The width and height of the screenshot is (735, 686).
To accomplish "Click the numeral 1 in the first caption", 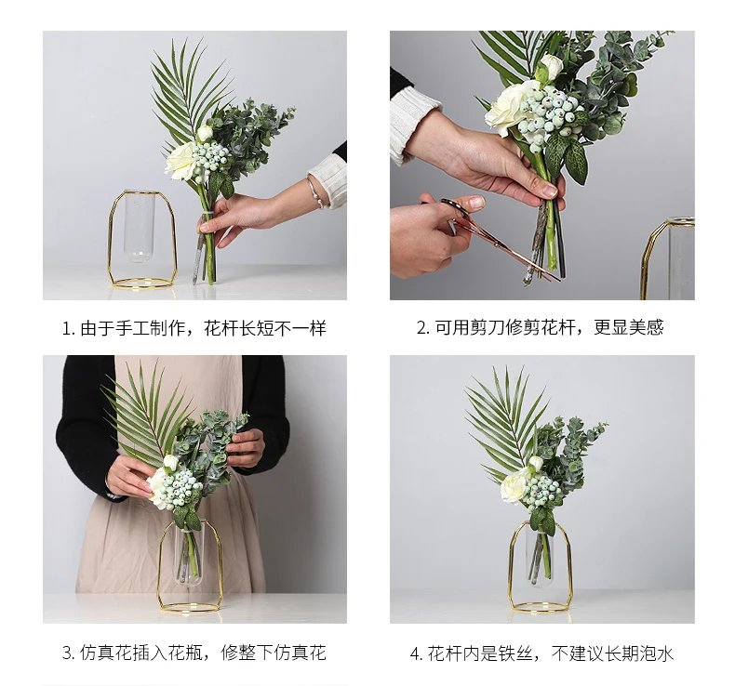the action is point(67,328).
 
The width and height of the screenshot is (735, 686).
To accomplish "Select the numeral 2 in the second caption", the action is point(421,327).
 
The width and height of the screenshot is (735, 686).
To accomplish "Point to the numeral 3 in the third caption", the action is point(67,653).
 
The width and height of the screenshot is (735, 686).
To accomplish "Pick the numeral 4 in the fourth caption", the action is point(415,653).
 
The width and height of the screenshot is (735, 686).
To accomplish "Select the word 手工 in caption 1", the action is point(132,328).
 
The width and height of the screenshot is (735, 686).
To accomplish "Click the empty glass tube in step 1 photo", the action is point(140,226).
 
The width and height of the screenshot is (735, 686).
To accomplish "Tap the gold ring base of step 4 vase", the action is point(541,608).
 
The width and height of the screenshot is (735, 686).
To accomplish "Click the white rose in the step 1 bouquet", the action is point(180,160).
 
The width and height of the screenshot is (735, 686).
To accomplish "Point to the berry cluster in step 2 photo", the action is point(548,112).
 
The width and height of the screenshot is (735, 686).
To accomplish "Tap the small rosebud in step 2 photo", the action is point(551,65).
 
